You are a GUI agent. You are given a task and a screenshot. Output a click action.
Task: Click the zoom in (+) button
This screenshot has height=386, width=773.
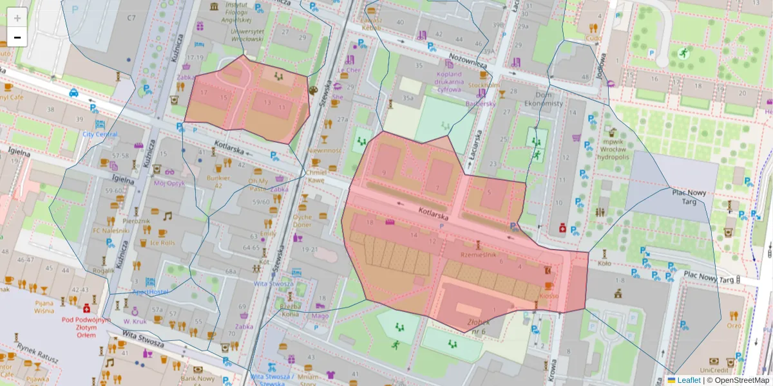(x=17, y=17)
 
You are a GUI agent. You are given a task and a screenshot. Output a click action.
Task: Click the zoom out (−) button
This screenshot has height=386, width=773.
(x=17, y=37)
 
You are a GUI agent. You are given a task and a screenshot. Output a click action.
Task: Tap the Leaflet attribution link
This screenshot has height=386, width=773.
(x=689, y=380)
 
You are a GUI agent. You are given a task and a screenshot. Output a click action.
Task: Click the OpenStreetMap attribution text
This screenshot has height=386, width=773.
(x=738, y=380)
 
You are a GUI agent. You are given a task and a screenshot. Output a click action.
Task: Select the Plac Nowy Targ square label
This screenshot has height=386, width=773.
(x=689, y=196)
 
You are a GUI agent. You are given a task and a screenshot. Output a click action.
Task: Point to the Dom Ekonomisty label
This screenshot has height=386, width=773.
(x=526, y=98)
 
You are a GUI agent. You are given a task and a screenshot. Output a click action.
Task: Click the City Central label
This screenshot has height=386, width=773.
(x=100, y=134)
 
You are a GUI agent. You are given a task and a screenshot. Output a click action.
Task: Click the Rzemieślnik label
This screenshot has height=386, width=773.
(x=478, y=255)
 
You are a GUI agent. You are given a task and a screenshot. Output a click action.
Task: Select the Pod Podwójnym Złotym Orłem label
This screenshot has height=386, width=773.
(x=85, y=327)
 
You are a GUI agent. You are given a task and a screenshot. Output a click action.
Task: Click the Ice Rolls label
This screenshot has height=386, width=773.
(x=162, y=243)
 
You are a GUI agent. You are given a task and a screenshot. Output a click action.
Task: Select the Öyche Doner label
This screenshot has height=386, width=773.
(x=302, y=221)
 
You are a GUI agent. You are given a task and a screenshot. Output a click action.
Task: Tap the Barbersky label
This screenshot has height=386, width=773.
(x=480, y=103)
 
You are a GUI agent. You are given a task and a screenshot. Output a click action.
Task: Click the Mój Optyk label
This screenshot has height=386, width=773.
(x=169, y=182)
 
